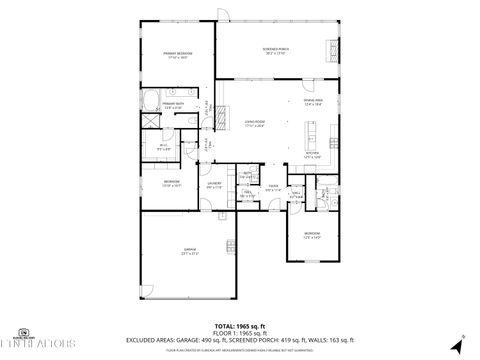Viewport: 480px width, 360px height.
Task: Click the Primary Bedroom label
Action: pos(178,54)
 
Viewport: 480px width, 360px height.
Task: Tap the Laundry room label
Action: pos(214,185)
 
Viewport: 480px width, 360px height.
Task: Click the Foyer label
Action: pos(272,186)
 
